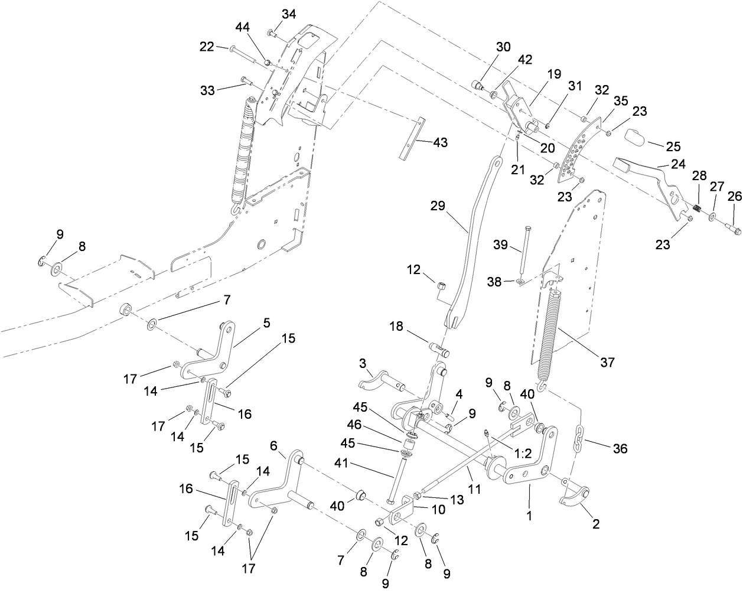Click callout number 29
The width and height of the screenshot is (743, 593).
pyautogui.click(x=438, y=206)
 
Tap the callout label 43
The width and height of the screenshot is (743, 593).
pyautogui.click(x=440, y=142)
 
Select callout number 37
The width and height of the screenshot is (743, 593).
pyautogui.click(x=607, y=362)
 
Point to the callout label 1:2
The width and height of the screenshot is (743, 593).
pyautogui.click(x=524, y=454)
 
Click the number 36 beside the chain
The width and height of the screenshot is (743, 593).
pyautogui.click(x=620, y=449)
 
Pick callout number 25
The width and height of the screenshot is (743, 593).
pyautogui.click(x=673, y=146)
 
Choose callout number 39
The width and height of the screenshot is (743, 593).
pyautogui.click(x=500, y=245)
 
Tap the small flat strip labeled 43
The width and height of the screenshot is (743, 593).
pyautogui.click(x=413, y=139)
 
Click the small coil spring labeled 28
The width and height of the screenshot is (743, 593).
pyautogui.click(x=696, y=209)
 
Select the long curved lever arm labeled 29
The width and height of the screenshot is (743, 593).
pyautogui.click(x=473, y=242)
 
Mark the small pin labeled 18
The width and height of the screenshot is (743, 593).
pyautogui.click(x=440, y=350)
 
